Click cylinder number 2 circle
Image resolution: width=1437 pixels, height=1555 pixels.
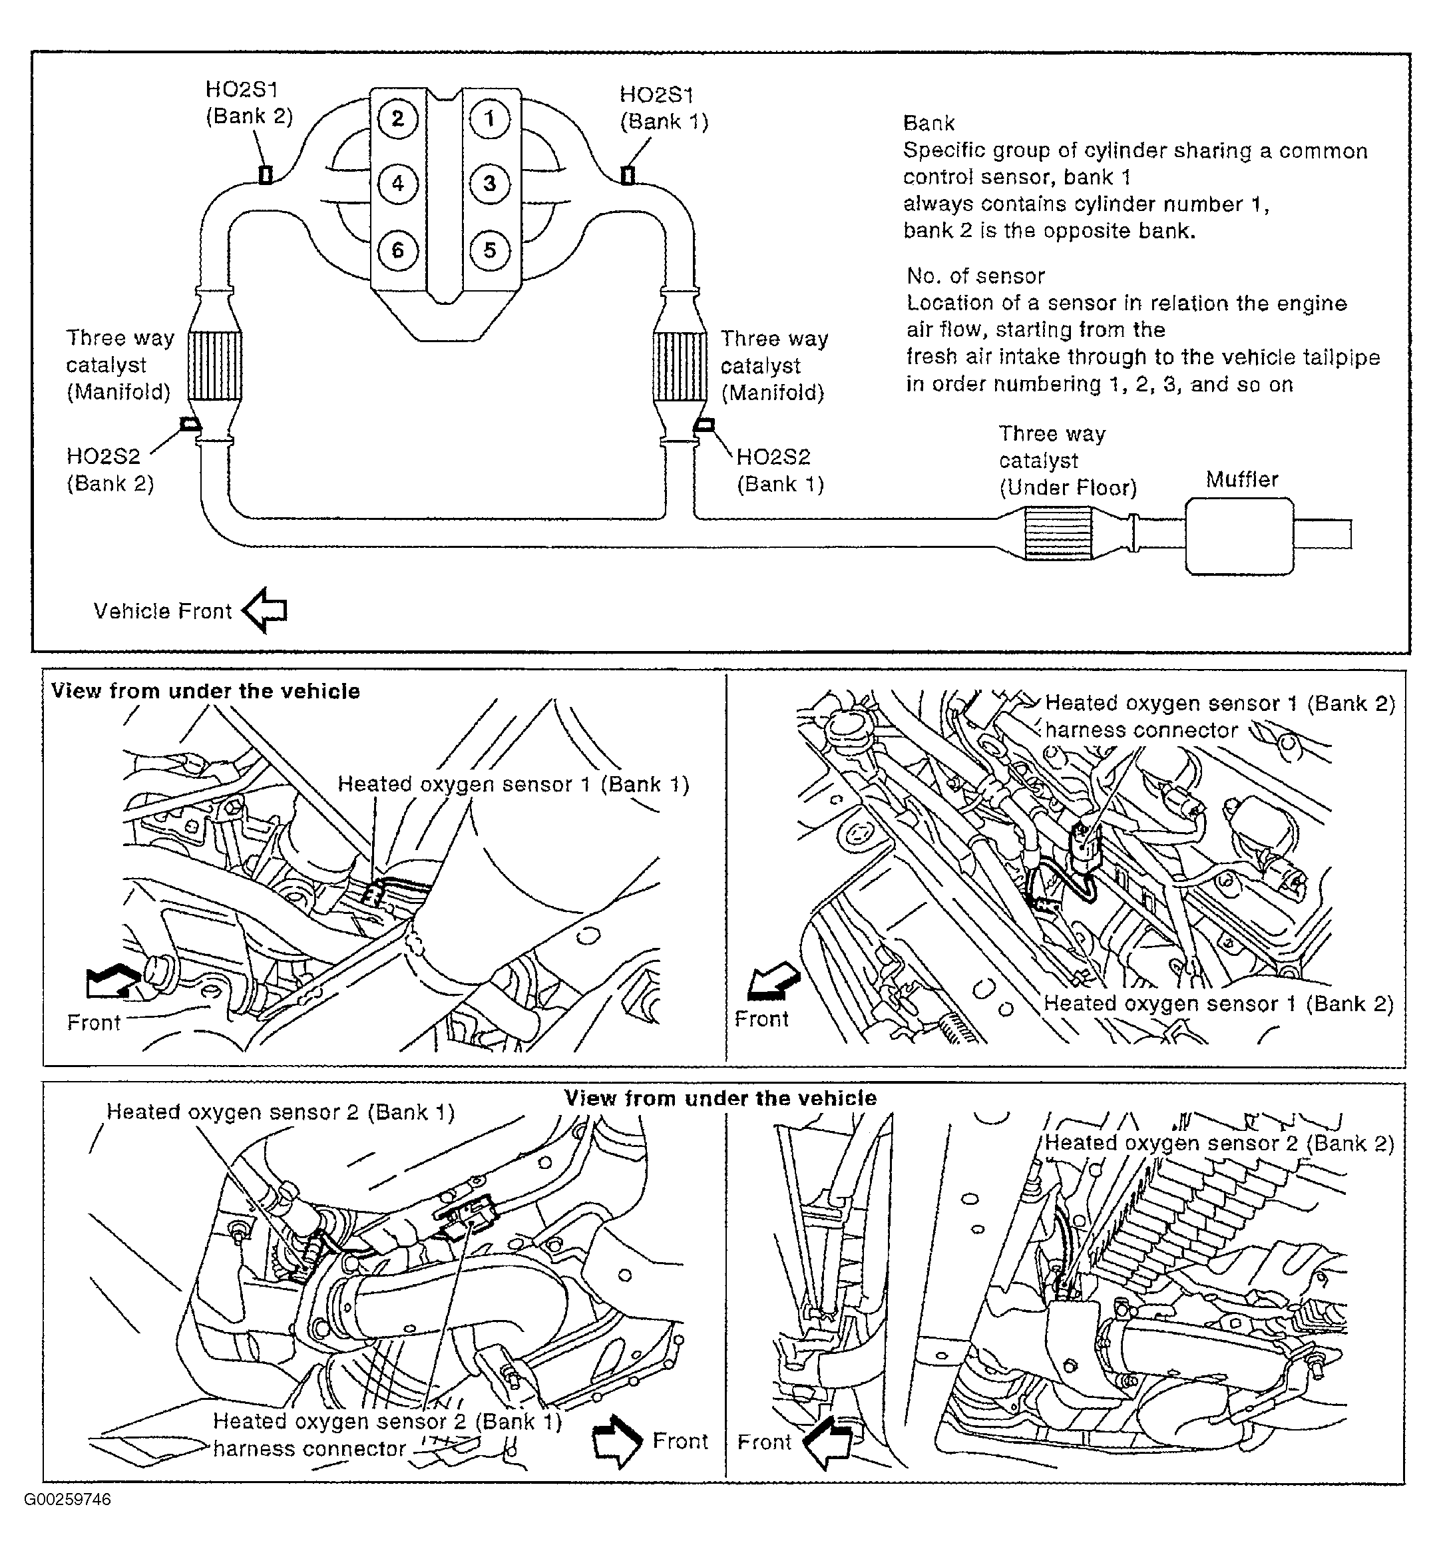point(397,119)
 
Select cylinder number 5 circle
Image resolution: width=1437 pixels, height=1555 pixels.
point(490,250)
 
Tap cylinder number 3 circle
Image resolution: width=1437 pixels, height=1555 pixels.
point(490,184)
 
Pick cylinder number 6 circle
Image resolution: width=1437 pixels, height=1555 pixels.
point(397,250)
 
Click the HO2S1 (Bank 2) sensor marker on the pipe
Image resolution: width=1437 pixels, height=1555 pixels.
point(265,175)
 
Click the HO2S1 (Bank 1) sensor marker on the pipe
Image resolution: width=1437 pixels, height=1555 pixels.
point(628,175)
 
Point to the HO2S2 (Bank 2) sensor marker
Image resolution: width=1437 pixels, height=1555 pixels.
point(190,424)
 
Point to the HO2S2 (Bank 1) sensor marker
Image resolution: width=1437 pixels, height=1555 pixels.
point(704,425)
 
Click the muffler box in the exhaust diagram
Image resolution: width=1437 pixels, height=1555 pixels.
point(1239,537)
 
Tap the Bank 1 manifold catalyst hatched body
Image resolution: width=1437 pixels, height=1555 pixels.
point(680,366)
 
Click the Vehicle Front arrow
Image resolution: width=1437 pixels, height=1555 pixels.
point(265,610)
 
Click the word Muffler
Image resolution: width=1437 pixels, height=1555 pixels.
point(1241,480)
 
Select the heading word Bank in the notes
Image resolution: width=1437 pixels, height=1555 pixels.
point(928,123)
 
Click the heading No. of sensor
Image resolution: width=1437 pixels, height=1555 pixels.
point(975,276)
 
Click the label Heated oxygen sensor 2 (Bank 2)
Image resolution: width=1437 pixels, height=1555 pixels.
point(1219,1143)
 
